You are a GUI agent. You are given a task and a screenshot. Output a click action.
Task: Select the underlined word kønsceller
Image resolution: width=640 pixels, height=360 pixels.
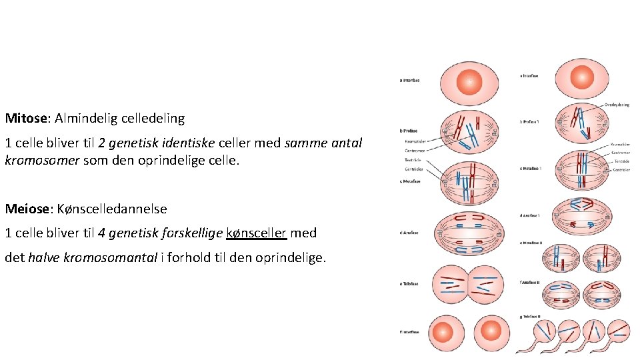pyautogui.click(x=257, y=233)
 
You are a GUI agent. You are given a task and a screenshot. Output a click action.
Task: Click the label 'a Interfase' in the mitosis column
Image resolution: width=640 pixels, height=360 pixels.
pyautogui.click(x=410, y=81)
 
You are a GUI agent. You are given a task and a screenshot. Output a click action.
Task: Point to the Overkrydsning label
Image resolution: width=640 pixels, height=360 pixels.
pyautogui.click(x=617, y=105)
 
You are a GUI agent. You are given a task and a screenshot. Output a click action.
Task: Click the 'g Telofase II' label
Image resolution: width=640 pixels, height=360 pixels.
pyautogui.click(x=530, y=316)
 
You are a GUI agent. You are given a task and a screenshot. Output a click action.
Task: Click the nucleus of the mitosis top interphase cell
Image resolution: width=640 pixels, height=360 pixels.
pyautogui.click(x=469, y=81)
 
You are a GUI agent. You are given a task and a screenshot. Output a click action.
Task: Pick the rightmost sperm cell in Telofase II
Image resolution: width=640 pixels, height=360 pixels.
pyautogui.click(x=619, y=331)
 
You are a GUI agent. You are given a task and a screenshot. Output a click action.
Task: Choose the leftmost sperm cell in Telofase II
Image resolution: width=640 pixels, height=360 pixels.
pyautogui.click(x=545, y=331)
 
